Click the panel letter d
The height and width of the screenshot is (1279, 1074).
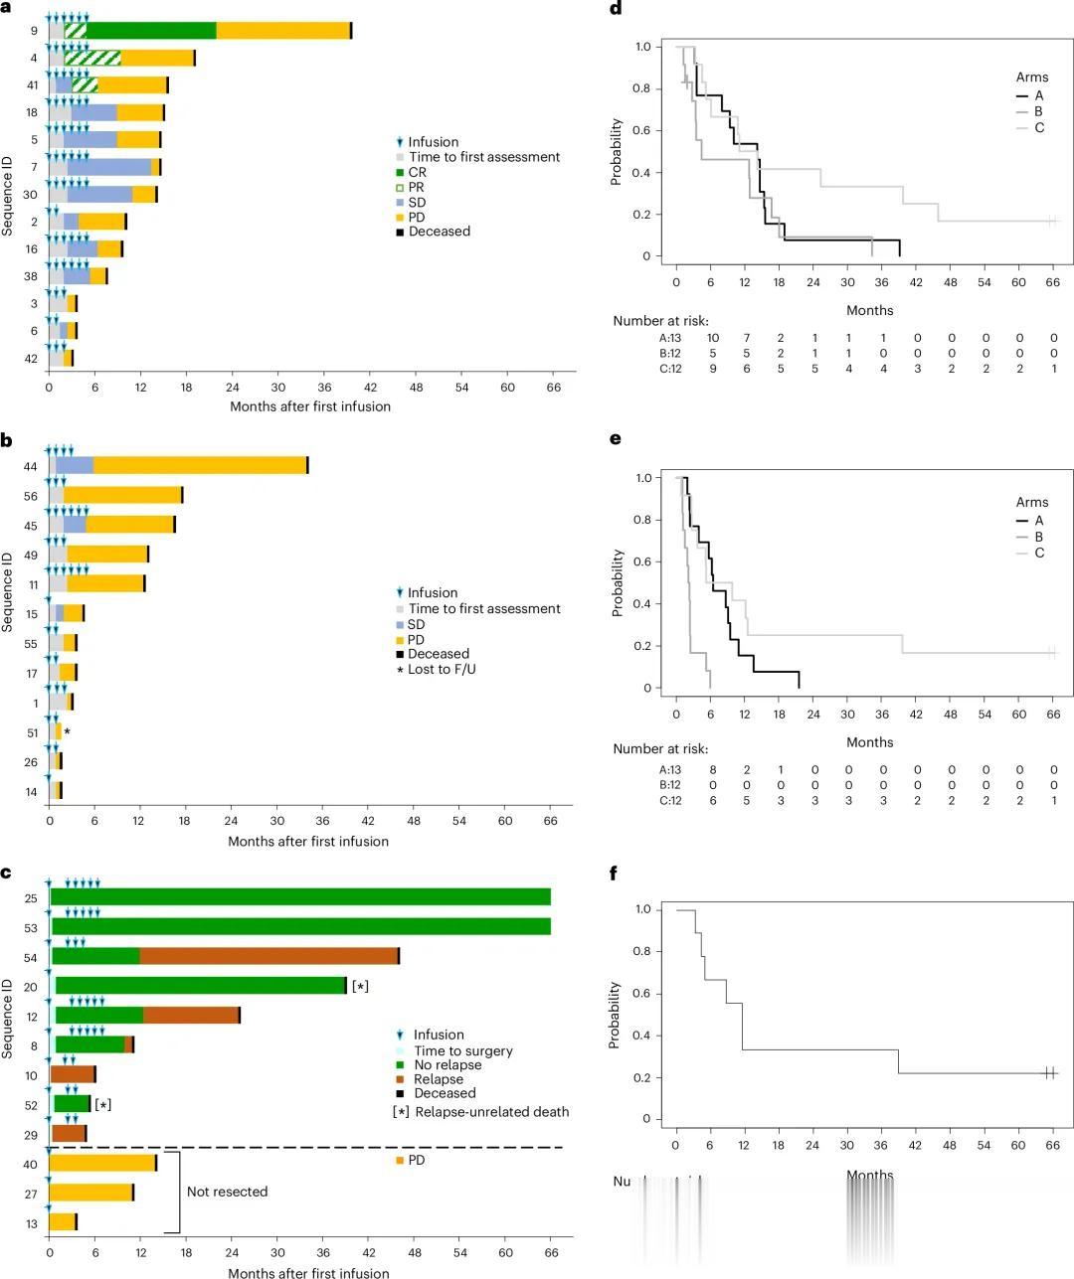(x=616, y=7)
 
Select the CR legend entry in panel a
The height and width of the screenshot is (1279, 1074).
(x=417, y=172)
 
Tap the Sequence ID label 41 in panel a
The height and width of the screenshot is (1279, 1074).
(x=33, y=85)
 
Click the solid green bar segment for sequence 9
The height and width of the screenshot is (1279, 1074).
(x=151, y=31)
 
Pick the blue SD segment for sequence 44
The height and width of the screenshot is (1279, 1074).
(x=75, y=465)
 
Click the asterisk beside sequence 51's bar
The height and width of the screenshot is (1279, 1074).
(x=67, y=732)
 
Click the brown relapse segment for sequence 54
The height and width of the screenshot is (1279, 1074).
(x=268, y=956)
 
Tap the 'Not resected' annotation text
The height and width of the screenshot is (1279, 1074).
(x=227, y=1192)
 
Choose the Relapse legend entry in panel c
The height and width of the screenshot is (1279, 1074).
(x=439, y=1079)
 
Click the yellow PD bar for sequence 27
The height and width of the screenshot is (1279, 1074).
(x=90, y=1193)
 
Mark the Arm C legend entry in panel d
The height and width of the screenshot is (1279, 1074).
(x=1039, y=127)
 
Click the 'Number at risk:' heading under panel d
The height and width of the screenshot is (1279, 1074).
(x=660, y=321)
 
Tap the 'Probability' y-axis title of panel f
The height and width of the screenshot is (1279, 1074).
(x=616, y=1015)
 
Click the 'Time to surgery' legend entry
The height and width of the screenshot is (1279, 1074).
(x=462, y=1050)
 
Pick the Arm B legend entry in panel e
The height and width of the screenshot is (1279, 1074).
(x=1038, y=537)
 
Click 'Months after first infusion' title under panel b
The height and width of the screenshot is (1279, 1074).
(x=308, y=841)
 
